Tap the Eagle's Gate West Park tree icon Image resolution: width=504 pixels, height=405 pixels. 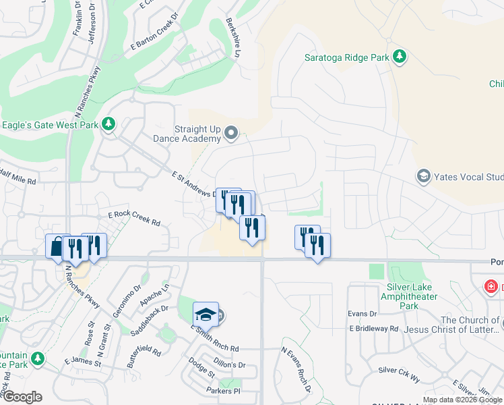click(108, 125)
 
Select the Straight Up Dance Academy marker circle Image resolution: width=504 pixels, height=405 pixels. click(231, 133)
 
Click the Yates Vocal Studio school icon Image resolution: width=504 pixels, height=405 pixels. click(424, 177)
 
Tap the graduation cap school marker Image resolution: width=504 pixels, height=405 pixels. click(206, 315)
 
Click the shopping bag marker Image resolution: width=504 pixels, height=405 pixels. click(57, 246)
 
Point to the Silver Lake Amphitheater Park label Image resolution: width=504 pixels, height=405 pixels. click(409, 296)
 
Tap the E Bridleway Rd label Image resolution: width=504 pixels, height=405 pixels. click(374, 328)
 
